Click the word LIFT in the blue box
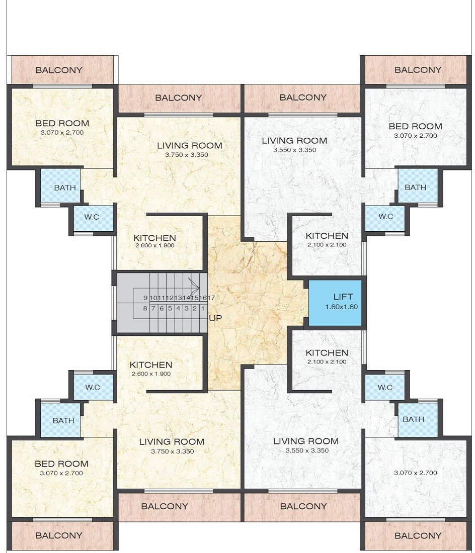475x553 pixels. pos(343,297)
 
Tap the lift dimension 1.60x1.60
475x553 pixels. pos(342,307)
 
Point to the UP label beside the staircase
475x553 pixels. pos(216,318)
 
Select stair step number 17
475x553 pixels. pos(211,298)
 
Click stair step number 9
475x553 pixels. pos(145,298)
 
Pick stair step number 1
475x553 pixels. pos(202,308)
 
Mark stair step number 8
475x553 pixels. pos(145,308)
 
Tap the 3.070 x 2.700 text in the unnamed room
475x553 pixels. pos(416,473)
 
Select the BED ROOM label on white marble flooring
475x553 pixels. pos(416,126)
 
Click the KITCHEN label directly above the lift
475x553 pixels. pos(327,236)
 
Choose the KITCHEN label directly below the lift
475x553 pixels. pos(327,353)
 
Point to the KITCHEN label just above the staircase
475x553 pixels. pos(154,238)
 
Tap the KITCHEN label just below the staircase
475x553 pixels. pos(151,365)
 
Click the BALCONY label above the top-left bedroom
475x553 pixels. pos(59,70)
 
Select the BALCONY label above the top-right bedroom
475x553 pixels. pos(418,70)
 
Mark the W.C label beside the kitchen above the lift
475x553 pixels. pos(385,217)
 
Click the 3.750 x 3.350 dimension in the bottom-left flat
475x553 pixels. pos(172,451)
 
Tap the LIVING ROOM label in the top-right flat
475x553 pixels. pos(294,141)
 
